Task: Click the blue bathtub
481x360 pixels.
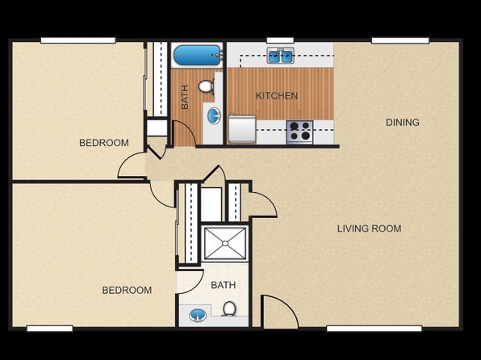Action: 198,56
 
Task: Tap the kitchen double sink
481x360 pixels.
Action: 281,56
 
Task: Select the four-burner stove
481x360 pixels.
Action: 299,132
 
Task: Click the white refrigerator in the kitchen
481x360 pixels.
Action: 242,129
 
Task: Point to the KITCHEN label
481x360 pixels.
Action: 277,96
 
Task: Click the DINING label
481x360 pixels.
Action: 403,123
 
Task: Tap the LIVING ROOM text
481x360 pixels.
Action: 370,228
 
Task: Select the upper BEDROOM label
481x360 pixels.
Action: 104,143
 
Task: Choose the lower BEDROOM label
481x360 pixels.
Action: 127,290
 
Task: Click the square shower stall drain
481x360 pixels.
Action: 225,244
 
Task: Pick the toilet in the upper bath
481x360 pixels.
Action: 206,86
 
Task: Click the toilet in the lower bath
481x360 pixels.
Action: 229,308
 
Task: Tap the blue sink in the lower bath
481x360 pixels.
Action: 197,315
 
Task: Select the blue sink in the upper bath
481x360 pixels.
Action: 214,116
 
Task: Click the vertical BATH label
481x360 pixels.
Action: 185,97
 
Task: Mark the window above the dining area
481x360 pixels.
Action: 400,40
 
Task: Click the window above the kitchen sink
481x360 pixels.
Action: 280,40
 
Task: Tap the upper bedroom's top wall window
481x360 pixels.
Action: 78,40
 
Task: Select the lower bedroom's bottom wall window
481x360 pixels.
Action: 50,329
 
